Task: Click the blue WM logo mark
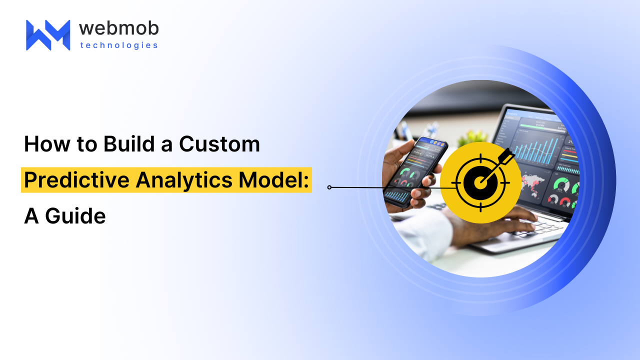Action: (x=48, y=35)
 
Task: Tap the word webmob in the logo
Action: (x=118, y=28)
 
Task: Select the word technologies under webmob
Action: (x=118, y=45)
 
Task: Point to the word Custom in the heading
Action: (x=219, y=144)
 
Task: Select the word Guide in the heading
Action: (x=75, y=216)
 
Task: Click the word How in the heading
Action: (x=44, y=144)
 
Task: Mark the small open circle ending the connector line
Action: (x=329, y=187)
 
